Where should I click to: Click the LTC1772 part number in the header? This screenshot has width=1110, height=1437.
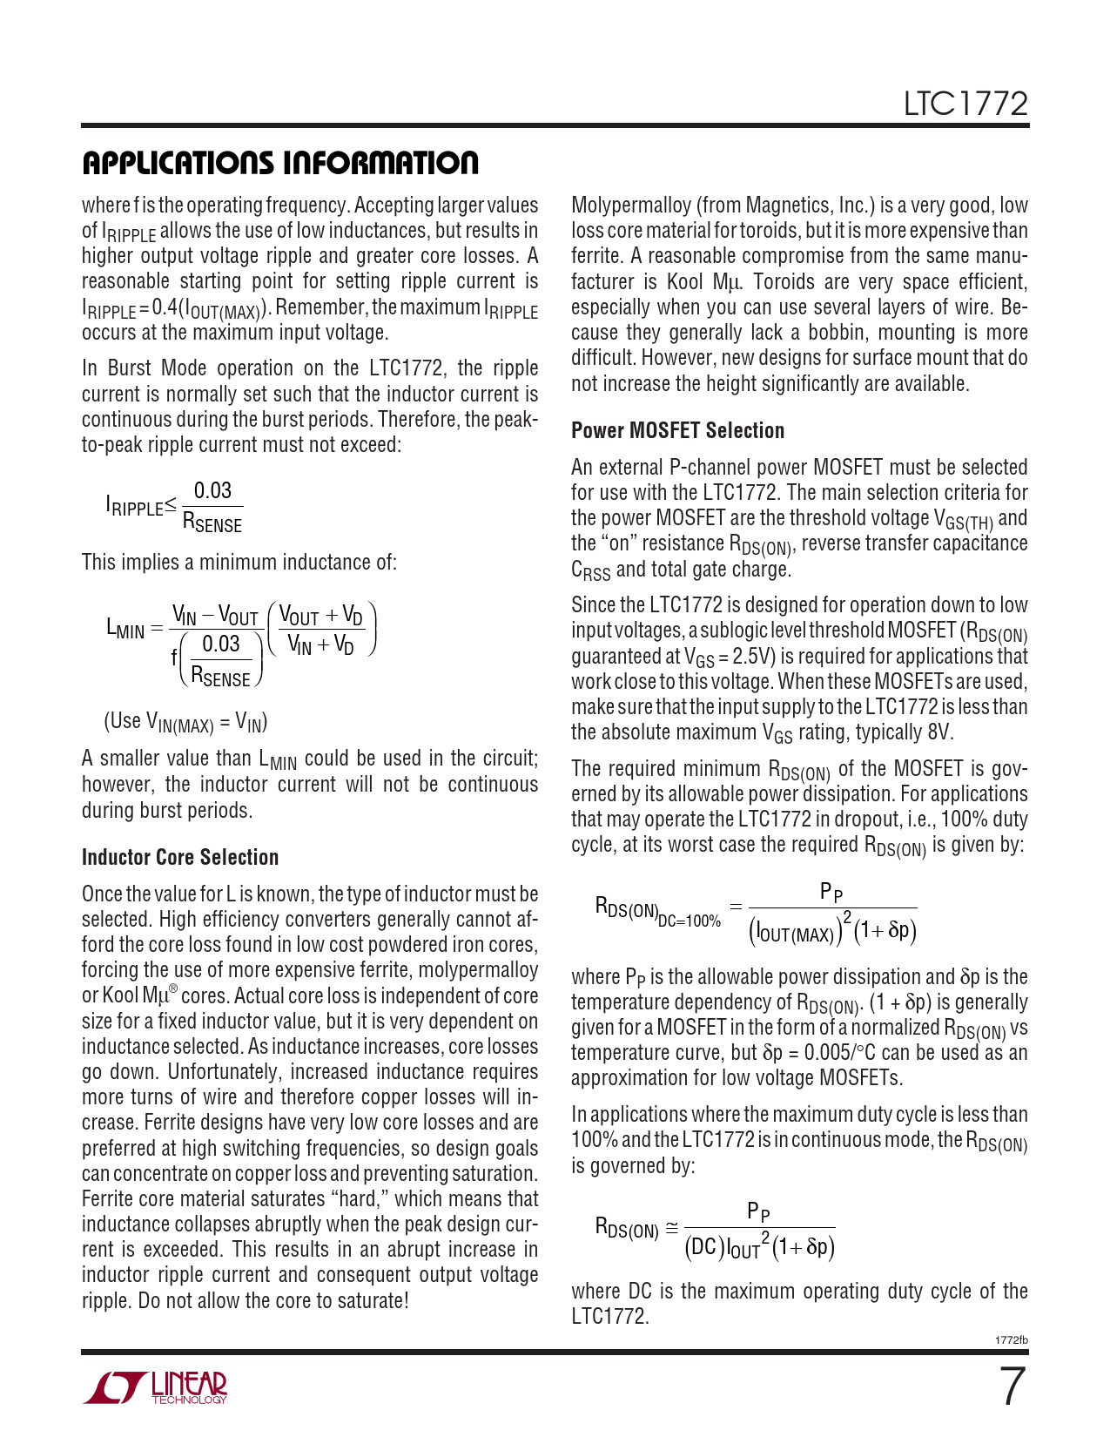[x=965, y=105]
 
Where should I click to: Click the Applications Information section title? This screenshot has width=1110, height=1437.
[x=279, y=163]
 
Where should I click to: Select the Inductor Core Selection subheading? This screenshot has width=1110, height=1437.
[x=180, y=857]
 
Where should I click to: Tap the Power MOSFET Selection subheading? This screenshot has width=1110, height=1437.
[x=677, y=430]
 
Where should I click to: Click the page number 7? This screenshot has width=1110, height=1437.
[x=1010, y=1387]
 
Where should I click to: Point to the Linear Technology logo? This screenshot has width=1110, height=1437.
[x=156, y=1387]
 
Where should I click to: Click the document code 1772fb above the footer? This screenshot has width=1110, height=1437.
[x=1011, y=1339]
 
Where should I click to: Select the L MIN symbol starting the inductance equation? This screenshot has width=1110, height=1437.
[x=124, y=627]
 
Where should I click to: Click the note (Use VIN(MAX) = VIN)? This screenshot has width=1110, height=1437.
[x=185, y=722]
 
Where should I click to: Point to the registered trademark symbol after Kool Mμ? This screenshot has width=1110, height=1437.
[x=172, y=989]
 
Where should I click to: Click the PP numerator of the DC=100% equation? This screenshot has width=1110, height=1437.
[x=831, y=892]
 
